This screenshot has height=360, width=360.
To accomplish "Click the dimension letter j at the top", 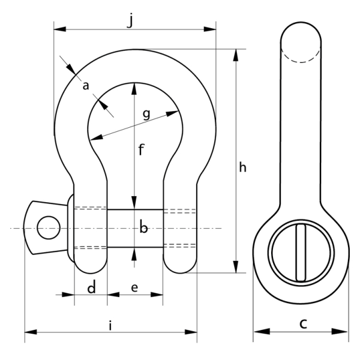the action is pos(130,20).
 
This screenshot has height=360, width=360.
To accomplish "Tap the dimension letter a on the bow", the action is pos(86,86).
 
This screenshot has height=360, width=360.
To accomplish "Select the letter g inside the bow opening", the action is pos(146,114).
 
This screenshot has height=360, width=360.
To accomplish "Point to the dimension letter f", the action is pos(141,149).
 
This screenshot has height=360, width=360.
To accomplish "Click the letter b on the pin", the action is pos(143,228).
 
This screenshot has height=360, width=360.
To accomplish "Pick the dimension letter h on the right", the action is pos(242,167).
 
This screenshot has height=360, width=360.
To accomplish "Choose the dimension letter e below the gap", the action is pos(134,287).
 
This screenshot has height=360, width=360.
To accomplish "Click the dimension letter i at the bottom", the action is pos(110,325).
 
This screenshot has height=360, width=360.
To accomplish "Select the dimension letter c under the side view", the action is pos(303,323).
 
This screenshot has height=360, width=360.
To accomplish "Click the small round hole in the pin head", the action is pos(49,227).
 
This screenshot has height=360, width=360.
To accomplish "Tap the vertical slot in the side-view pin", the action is pos(301,253).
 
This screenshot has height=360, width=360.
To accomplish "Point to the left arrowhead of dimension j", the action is pos(59,29).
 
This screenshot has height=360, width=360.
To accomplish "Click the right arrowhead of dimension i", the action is pos(191,332).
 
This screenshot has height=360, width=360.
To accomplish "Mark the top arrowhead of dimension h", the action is pos(236,55).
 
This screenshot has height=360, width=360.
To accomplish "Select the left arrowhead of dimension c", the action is pos(262,331).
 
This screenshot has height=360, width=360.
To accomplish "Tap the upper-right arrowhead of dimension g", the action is pos(172,113).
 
